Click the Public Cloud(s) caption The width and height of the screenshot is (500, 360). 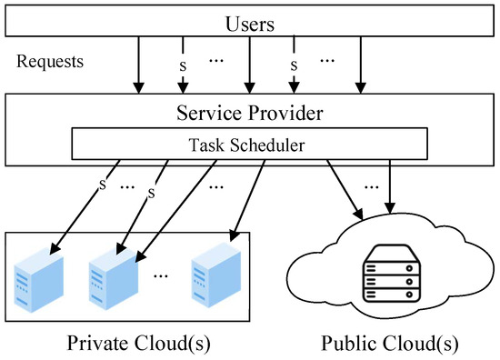(x=390, y=343)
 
